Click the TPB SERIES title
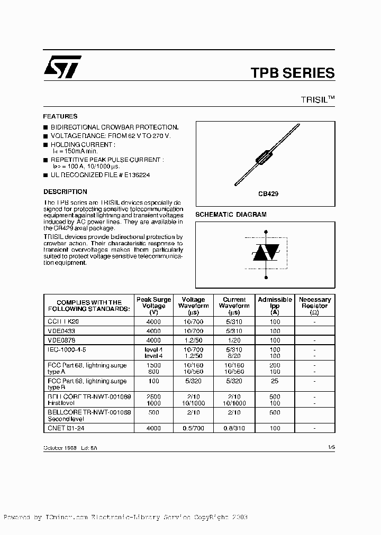click(292, 73)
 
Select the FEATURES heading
click(60, 116)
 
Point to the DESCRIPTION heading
click(65, 192)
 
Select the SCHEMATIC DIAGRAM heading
click(231, 215)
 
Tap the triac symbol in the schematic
click(265, 253)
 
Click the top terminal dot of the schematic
click(265, 231)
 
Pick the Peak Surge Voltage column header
click(154, 306)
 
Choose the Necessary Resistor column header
click(315, 306)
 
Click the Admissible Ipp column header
click(275, 306)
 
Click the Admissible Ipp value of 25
click(275, 381)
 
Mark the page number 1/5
click(331, 447)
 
